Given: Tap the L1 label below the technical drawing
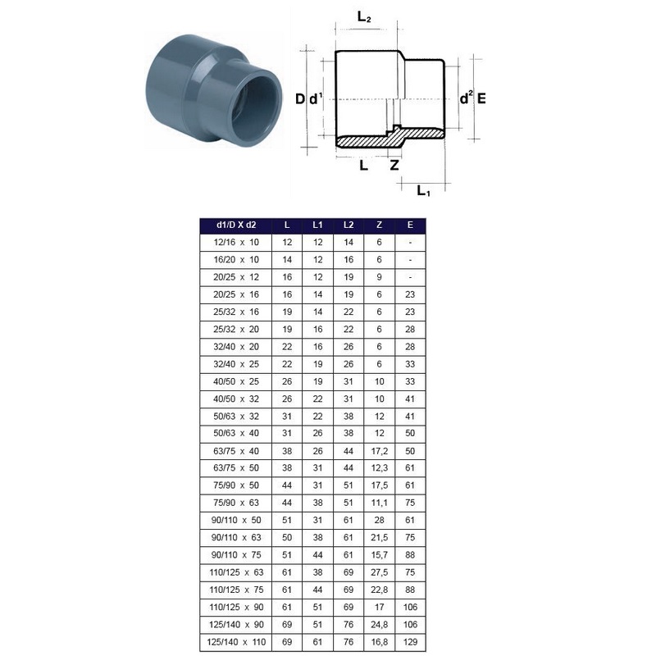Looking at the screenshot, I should point(423,191).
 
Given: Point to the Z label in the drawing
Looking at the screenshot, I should point(394,165).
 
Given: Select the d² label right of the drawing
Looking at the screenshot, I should point(466,98).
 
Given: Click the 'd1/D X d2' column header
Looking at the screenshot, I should point(236,225).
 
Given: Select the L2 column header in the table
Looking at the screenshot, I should point(348,225).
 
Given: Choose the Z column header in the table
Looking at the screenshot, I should point(379,225).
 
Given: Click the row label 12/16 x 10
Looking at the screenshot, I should point(236,242).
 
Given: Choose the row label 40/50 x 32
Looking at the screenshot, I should point(236,398).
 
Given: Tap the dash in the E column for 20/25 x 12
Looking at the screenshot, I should point(409,276).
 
